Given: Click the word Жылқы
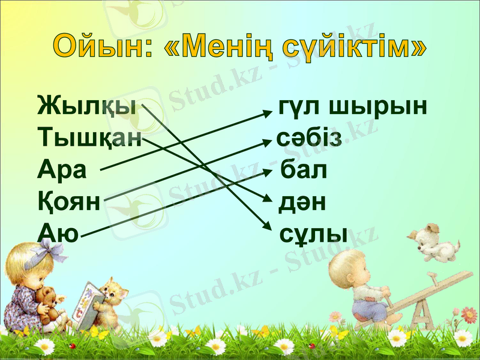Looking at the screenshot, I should tap(86, 108).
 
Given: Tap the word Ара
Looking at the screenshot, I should tap(62, 170).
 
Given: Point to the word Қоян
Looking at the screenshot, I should tap(68, 200).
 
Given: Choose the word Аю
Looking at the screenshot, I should tap(58, 232).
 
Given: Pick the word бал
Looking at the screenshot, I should tap(304, 170).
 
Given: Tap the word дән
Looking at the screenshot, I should tap(302, 202).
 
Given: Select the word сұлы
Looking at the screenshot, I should tap(313, 233).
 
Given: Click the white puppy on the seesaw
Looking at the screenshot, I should tap(433, 241).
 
